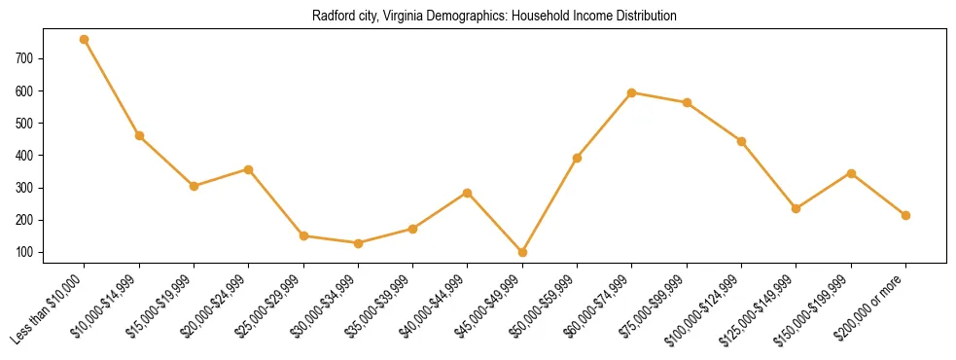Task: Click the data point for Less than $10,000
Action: tap(85, 40)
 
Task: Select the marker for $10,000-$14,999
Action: tap(139, 135)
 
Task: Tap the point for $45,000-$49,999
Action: tap(522, 252)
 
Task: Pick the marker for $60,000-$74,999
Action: tap(632, 92)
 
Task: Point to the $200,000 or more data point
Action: tap(905, 215)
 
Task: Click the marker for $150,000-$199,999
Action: tap(851, 173)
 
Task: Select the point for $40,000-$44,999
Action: tap(468, 193)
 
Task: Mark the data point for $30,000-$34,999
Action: tap(358, 243)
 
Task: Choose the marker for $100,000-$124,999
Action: tap(741, 141)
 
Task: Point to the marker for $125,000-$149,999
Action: tap(796, 208)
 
